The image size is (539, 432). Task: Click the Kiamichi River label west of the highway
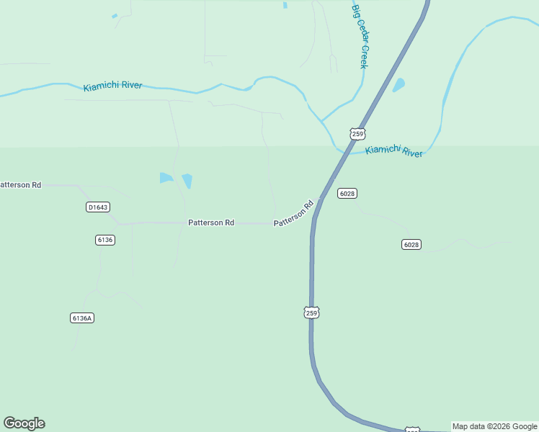[112, 86]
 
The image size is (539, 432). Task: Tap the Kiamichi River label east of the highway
[393, 151]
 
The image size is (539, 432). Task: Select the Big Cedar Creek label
[360, 36]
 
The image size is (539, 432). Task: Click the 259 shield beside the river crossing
[357, 134]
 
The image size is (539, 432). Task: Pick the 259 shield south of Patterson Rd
[311, 312]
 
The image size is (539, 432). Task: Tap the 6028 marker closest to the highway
[347, 193]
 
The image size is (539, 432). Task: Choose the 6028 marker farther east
[411, 245]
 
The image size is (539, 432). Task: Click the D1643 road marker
[97, 207]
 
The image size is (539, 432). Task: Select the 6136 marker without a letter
[105, 240]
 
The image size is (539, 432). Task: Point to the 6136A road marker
[83, 318]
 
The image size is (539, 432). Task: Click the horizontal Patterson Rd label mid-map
[211, 223]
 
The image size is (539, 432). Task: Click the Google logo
[24, 423]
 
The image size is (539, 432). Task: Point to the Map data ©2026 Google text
[494, 426]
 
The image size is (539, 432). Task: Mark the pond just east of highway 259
[398, 85]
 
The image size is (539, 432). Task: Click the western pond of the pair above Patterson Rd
[166, 178]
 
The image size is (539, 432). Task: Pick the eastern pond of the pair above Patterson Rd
[187, 181]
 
